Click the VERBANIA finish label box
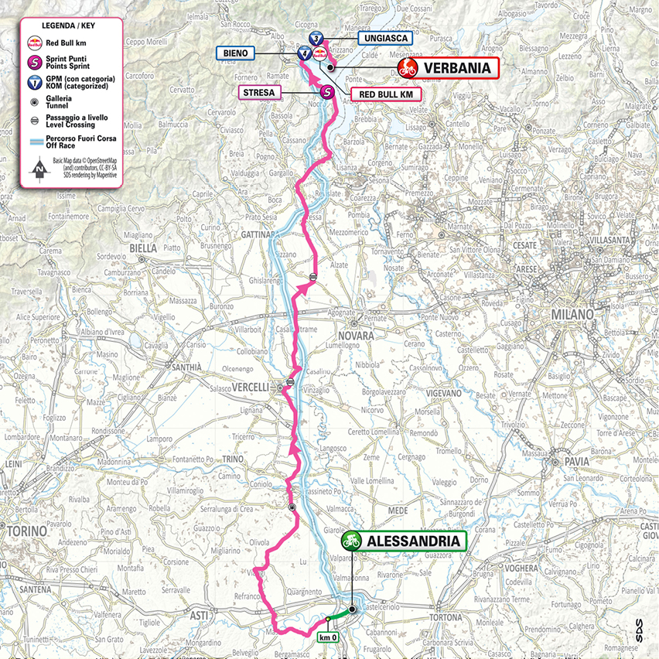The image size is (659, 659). [457, 68]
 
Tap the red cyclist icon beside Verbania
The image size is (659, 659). [408, 68]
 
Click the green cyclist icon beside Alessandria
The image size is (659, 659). [352, 540]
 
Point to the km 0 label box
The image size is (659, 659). [329, 637]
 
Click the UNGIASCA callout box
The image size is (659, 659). [384, 38]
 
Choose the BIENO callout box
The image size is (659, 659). [236, 53]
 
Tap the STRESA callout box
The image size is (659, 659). [260, 93]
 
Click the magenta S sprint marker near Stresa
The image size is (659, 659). [327, 91]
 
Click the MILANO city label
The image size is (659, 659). [572, 316]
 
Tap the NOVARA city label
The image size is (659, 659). [355, 336]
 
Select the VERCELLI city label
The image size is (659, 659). [249, 387]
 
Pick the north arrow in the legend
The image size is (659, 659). [36, 167]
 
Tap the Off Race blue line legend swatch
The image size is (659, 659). [36, 141]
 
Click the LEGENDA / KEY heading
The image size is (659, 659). [70, 24]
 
